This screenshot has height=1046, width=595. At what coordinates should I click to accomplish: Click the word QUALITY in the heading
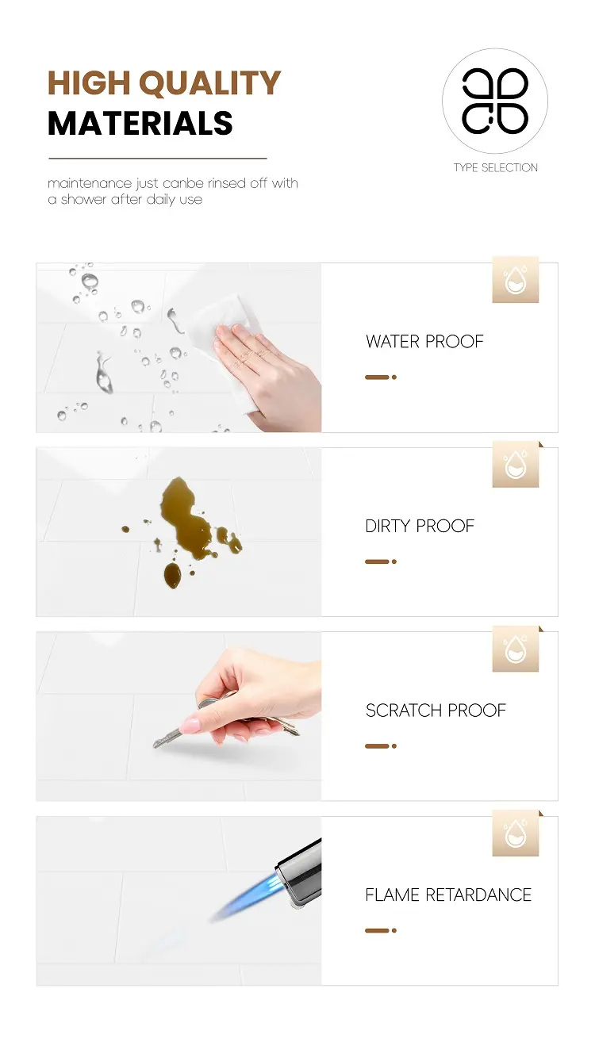[209, 83]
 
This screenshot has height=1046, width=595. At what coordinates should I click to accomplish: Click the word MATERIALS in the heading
[140, 123]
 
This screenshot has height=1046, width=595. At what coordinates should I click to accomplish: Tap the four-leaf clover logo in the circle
[495, 101]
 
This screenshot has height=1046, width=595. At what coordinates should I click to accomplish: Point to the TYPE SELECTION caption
[496, 167]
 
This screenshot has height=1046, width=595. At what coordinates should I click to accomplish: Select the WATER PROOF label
[424, 341]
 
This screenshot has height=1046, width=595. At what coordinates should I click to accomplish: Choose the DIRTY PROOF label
[420, 526]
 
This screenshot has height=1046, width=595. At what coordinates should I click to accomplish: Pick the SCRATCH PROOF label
[436, 711]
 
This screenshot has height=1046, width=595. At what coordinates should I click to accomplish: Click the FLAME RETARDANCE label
[448, 895]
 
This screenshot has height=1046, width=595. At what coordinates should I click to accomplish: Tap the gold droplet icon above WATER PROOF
[516, 279]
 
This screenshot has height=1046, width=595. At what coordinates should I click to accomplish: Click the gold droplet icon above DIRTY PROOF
[516, 464]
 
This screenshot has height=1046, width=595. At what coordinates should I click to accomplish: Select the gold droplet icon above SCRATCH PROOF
[516, 649]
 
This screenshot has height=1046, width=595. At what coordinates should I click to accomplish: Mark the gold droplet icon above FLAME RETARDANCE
[516, 833]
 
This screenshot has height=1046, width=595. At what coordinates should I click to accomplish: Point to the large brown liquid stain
[186, 514]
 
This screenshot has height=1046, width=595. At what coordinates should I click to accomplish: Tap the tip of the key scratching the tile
[155, 745]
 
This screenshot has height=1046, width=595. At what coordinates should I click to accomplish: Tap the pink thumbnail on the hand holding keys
[190, 726]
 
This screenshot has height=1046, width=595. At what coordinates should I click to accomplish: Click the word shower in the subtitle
[84, 199]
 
